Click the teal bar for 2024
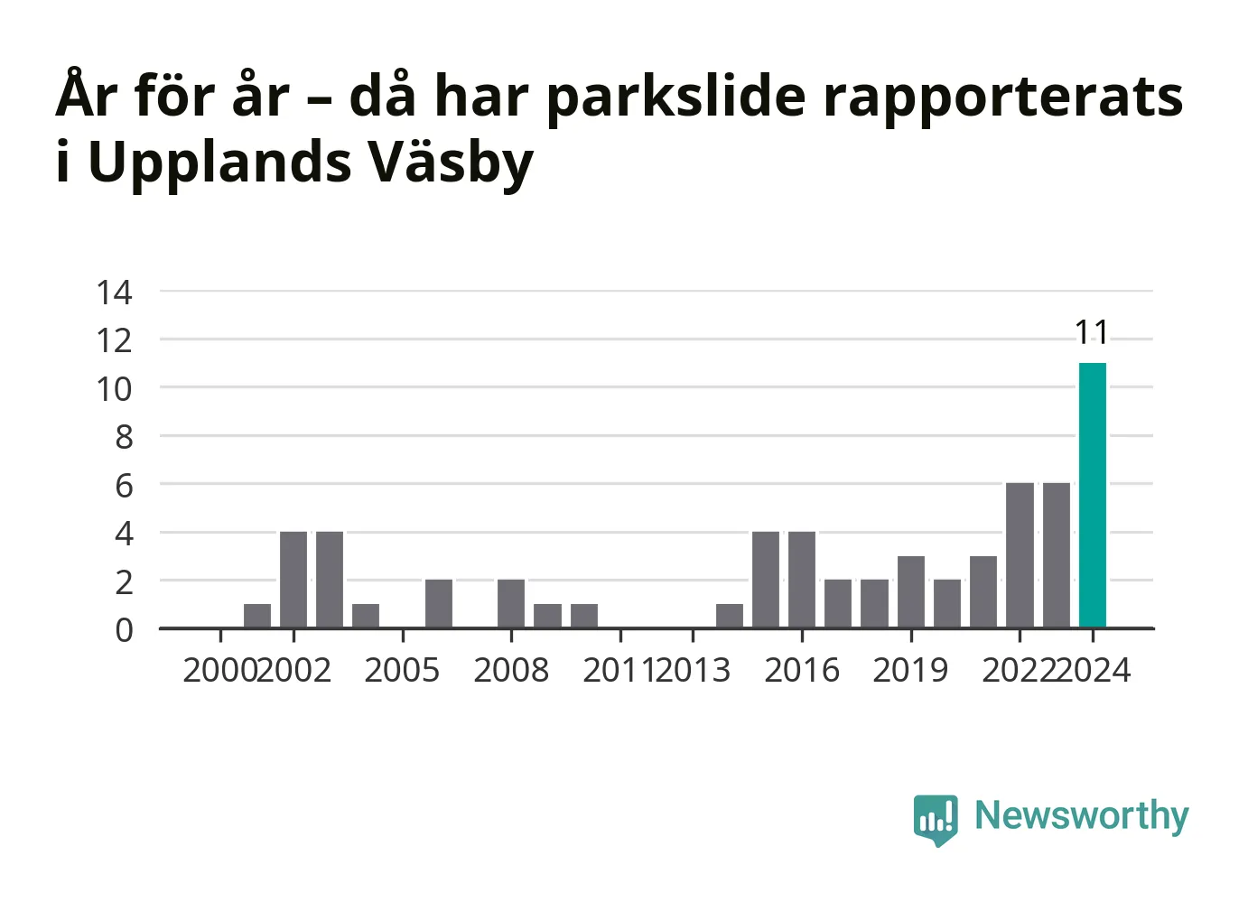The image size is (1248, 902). (1093, 496)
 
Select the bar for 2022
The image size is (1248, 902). (1020, 555)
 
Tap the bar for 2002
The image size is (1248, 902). (293, 580)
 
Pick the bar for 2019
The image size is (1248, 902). (911, 591)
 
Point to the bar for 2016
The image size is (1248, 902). (802, 580)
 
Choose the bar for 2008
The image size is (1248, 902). (511, 604)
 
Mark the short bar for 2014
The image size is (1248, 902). (730, 616)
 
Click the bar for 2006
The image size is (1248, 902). (439, 604)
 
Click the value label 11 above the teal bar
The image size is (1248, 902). (1092, 333)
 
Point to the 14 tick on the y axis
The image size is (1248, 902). (115, 293)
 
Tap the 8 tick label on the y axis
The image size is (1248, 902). (125, 437)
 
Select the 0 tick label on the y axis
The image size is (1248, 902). (125, 631)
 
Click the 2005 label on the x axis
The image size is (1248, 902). (402, 670)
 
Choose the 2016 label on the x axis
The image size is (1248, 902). (802, 670)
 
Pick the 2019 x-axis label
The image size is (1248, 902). (910, 670)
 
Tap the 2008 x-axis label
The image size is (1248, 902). (511, 670)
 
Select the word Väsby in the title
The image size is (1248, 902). (452, 163)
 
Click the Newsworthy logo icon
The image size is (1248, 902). (936, 820)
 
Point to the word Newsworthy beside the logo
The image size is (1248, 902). (1082, 817)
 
